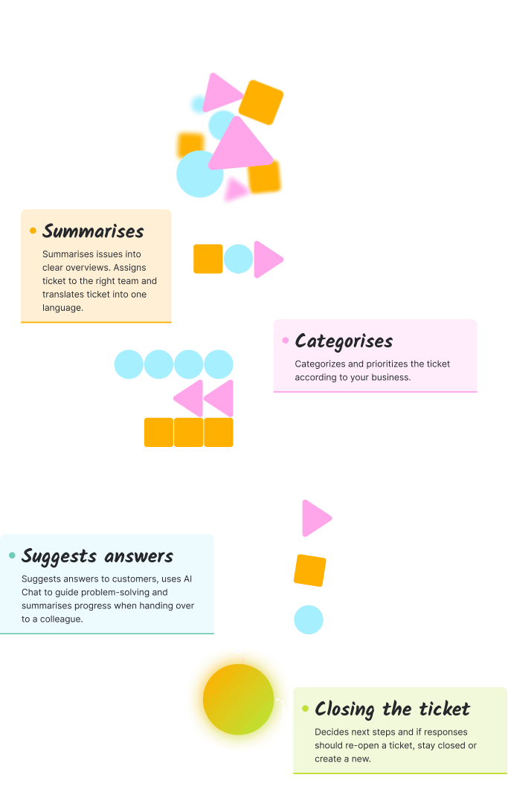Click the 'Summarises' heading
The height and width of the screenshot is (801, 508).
coord(93,231)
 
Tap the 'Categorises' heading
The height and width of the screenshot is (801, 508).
coord(344,341)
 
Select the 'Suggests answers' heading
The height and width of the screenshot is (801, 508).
coord(97,556)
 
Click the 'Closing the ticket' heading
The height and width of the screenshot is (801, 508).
coord(392,709)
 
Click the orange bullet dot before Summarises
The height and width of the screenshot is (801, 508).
coord(33,231)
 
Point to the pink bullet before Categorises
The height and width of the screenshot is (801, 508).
coord(286,341)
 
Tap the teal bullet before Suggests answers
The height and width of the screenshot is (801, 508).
coord(12,556)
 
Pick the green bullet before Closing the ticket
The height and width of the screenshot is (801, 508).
coord(305,709)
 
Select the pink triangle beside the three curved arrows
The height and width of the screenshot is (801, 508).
coord(314,518)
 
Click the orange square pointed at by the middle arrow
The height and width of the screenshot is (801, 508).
coord(309,570)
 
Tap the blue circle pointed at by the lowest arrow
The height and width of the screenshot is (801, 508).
coord(309,620)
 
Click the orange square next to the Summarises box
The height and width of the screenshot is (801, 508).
coord(208,259)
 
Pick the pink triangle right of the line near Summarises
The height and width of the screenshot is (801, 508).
coord(266,260)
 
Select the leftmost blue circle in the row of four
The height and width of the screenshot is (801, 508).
coord(129,364)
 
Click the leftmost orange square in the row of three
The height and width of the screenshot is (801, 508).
coord(158,432)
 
